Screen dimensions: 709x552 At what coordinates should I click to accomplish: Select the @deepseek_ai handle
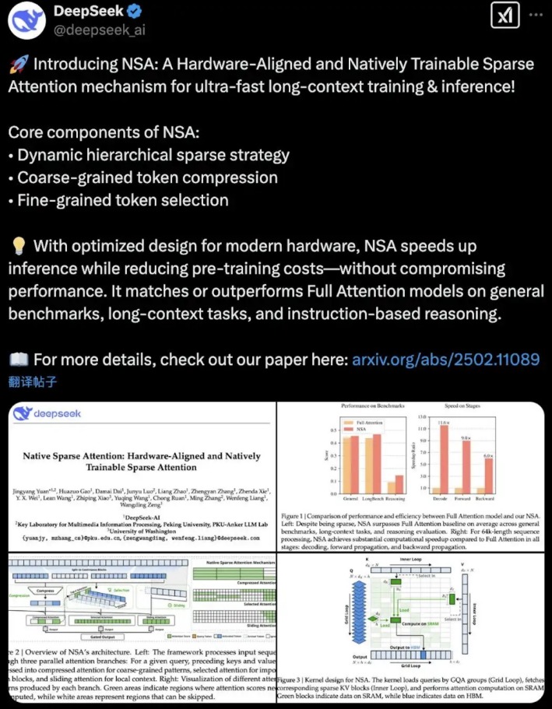point(100,30)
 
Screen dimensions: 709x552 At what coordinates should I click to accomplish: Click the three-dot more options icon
point(536,16)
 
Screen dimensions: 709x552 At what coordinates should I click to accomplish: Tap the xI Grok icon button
point(501,16)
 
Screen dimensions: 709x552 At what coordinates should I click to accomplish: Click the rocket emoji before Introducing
point(17,65)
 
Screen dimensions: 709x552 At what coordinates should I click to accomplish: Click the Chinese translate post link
point(33,381)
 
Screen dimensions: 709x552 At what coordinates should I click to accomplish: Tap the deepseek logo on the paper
point(54,413)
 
